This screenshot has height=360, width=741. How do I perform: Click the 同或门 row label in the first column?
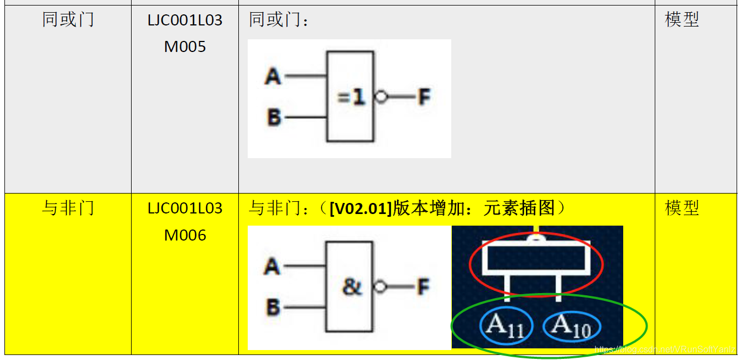pos(68,20)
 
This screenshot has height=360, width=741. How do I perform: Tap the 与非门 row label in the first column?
pos(68,208)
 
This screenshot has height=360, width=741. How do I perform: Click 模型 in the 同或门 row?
pos(682,20)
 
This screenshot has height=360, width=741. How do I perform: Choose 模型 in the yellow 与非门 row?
pos(682,208)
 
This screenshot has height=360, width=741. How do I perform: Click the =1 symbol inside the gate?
pos(351,97)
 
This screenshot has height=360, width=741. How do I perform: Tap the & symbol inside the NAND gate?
pos(352,287)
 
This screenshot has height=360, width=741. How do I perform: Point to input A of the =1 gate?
pos(273,76)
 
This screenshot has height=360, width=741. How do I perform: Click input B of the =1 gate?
pos(274,117)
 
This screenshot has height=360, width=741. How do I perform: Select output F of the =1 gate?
pos(424,97)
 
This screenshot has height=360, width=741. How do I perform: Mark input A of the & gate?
pos(272,267)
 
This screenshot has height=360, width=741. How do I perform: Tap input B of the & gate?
pos(273,307)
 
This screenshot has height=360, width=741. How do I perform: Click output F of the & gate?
pos(423,287)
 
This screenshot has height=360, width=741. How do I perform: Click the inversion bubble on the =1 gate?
pos(380,97)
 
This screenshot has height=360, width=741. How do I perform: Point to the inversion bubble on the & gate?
pos(380,287)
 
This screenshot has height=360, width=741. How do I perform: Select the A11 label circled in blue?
pos(505,326)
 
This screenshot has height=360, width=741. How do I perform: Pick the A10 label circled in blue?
pos(572,325)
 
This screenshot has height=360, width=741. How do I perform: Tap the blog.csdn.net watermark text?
pos(664,349)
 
